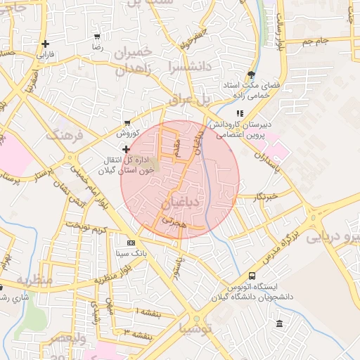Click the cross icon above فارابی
(x=45, y=44)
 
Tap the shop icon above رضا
(x=96, y=37)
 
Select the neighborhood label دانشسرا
(x=184, y=69)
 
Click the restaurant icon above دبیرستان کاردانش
(x=239, y=112)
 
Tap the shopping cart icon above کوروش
(x=127, y=122)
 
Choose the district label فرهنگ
(x=65, y=134)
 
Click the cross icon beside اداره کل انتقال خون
(x=127, y=149)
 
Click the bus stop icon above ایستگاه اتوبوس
(x=252, y=276)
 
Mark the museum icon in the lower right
(x=280, y=323)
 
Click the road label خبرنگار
(x=268, y=197)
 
